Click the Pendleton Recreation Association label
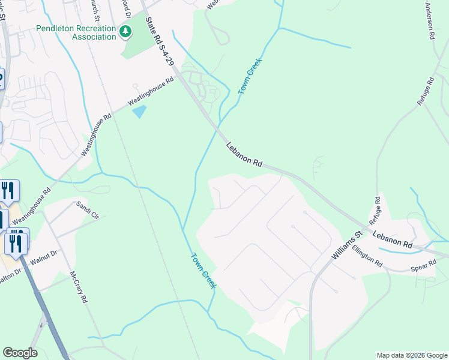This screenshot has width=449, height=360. pyautogui.click(x=76, y=32)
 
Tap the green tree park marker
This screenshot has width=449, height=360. pyautogui.click(x=125, y=31)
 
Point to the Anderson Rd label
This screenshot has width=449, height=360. pyautogui.click(x=430, y=21)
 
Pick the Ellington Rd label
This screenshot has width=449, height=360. pyautogui.click(x=367, y=256)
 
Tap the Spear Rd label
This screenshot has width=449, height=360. pyautogui.click(x=424, y=265)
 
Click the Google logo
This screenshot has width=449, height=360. pyautogui.click(x=20, y=353)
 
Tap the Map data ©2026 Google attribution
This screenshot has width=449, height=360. pyautogui.click(x=412, y=355)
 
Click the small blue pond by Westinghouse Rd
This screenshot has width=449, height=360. pyautogui.click(x=139, y=111)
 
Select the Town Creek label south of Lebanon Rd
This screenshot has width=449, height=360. pyautogui.click(x=203, y=271)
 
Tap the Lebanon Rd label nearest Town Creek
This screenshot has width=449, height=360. pyautogui.click(x=244, y=154)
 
